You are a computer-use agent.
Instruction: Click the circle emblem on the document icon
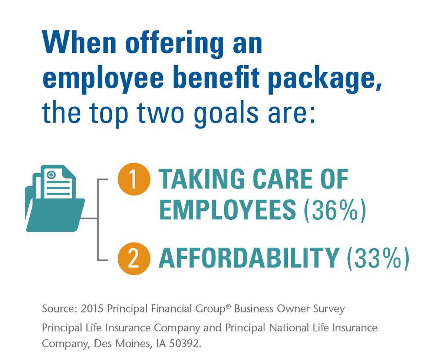click(x=51, y=174)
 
